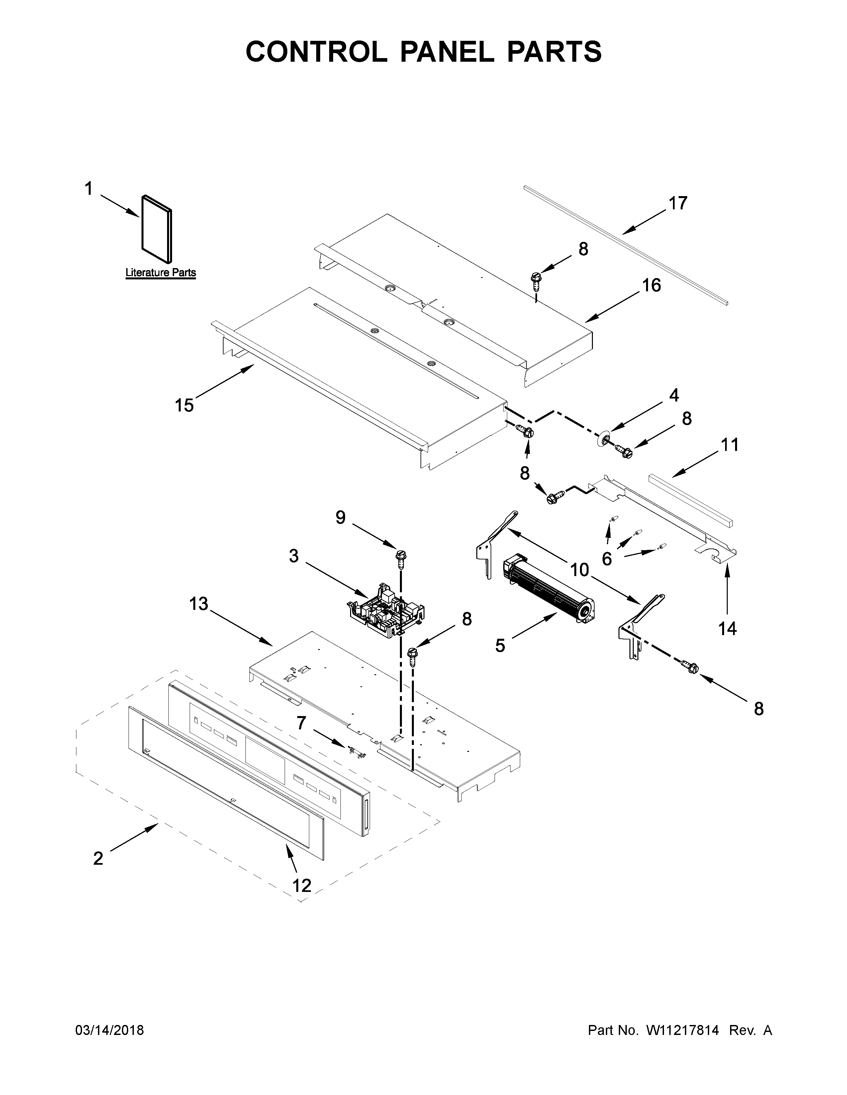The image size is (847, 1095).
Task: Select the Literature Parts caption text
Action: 160,273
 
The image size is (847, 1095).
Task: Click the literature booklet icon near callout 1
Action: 156,229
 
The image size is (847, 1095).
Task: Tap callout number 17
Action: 677,203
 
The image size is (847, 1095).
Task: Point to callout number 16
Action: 651,285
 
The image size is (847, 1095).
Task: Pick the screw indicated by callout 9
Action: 401,557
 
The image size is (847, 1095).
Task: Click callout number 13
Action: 199,604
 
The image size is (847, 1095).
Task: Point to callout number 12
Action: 302,886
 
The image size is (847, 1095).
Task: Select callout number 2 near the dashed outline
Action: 98,858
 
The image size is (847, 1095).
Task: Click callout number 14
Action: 727,628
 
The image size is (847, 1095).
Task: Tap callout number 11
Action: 730,445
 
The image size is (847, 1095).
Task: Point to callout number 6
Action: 607,558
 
